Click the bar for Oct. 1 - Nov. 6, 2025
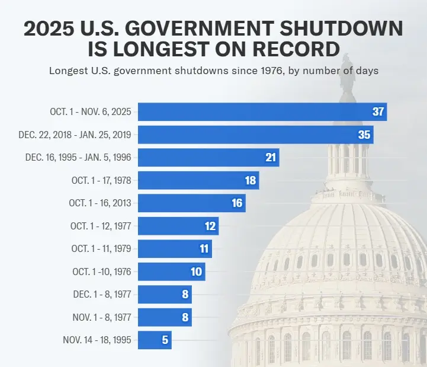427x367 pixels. point(261,111)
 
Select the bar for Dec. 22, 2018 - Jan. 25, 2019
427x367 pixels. point(255,135)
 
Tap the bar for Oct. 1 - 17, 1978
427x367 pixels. point(198,180)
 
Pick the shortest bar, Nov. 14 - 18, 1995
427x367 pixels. point(154,340)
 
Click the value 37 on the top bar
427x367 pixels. point(378,112)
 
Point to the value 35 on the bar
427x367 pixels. point(364,135)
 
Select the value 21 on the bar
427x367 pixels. point(271,157)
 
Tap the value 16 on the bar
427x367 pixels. point(237,203)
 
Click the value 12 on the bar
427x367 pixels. point(210,226)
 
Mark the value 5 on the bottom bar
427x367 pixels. point(164,340)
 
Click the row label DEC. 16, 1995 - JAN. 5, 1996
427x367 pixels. point(78,157)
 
